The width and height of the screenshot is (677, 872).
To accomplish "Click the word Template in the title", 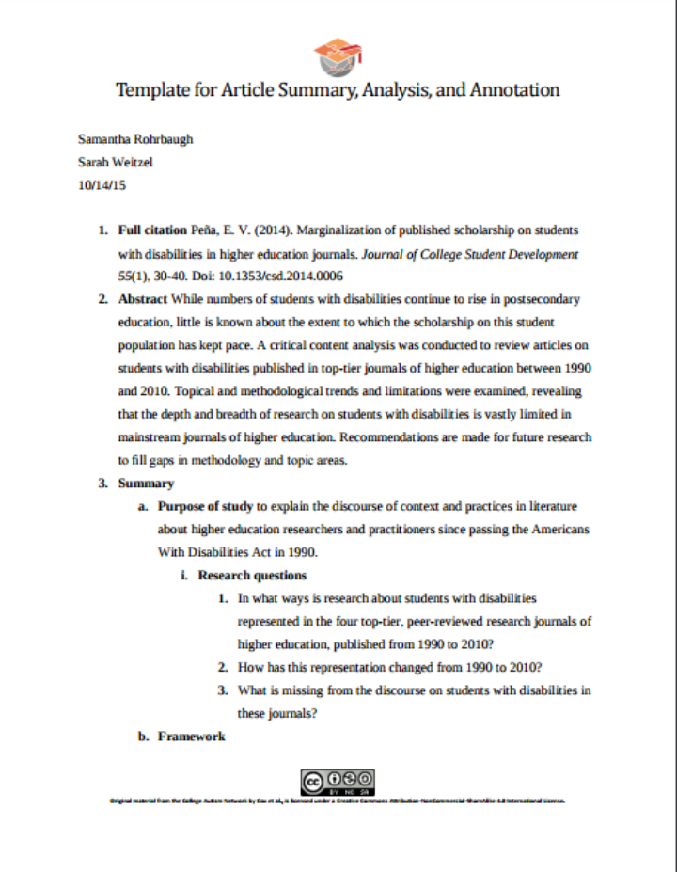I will [150, 90].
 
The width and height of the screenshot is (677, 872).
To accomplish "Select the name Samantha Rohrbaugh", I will [135, 139].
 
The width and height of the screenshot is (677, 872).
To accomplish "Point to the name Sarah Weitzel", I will [115, 162].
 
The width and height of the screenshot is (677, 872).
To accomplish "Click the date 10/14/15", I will [102, 185].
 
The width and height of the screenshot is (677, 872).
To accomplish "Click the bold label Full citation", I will [152, 230].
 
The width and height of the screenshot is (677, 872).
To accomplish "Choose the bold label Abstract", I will [143, 300].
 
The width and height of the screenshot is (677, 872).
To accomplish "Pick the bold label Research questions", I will [252, 575].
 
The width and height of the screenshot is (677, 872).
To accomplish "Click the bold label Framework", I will [191, 736].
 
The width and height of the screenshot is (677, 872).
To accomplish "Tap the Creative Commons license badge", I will [338, 781].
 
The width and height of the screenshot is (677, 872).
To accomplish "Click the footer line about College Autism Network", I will [338, 801].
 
